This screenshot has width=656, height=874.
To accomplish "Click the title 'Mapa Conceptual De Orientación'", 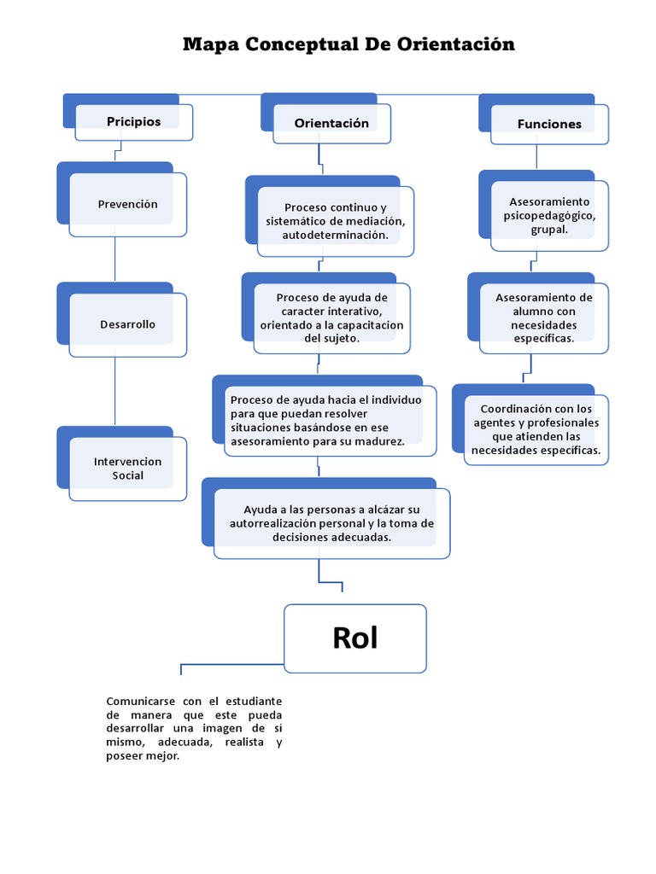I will [x=348, y=44].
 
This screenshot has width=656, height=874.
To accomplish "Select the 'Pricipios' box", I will [x=134, y=122].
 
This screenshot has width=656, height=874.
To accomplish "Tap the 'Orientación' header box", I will [x=331, y=124].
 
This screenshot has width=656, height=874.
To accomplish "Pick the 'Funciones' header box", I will [x=549, y=125].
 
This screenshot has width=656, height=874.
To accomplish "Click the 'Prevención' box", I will [x=128, y=205].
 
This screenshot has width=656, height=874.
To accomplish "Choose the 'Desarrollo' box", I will [x=128, y=324].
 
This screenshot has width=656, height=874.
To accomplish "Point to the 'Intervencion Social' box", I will [x=128, y=469].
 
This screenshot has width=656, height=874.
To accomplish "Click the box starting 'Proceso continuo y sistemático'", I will [x=336, y=221].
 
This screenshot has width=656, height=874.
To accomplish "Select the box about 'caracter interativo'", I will [x=332, y=318].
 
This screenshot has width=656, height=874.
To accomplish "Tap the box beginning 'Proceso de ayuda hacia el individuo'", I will [x=325, y=420].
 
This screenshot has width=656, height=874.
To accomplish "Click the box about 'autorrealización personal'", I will [x=331, y=523].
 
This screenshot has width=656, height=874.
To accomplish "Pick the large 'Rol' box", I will [x=355, y=638].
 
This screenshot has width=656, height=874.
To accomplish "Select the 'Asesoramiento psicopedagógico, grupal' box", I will [x=549, y=216].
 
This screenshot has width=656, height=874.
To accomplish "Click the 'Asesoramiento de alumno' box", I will [x=544, y=318].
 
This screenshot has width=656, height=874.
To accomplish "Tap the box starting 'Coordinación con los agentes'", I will [x=536, y=429].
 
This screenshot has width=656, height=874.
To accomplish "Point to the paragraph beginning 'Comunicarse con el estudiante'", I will [x=194, y=728].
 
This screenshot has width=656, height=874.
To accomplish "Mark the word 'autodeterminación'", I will [x=335, y=235].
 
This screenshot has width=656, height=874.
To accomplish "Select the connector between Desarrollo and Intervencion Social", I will [x=114, y=391].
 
